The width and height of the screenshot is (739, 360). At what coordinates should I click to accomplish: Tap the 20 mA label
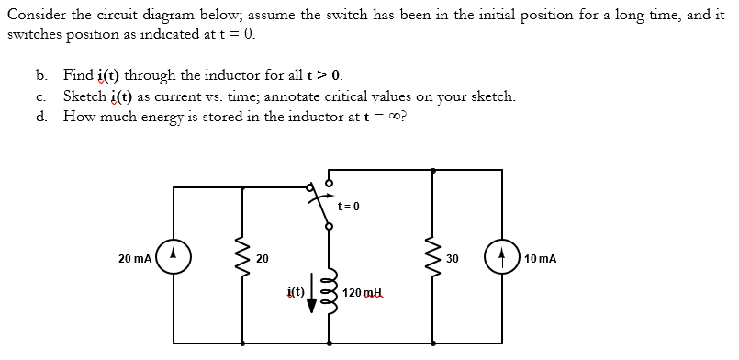point(135,260)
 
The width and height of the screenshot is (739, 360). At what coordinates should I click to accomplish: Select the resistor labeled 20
point(242,260)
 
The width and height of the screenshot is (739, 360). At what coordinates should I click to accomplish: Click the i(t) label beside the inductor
point(295,292)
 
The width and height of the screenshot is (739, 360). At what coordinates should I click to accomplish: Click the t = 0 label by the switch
point(348,205)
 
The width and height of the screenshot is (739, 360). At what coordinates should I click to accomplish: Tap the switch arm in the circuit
point(321,208)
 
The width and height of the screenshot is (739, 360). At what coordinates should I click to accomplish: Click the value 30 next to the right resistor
point(452,259)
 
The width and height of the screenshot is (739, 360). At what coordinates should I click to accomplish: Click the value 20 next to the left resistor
point(262,260)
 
